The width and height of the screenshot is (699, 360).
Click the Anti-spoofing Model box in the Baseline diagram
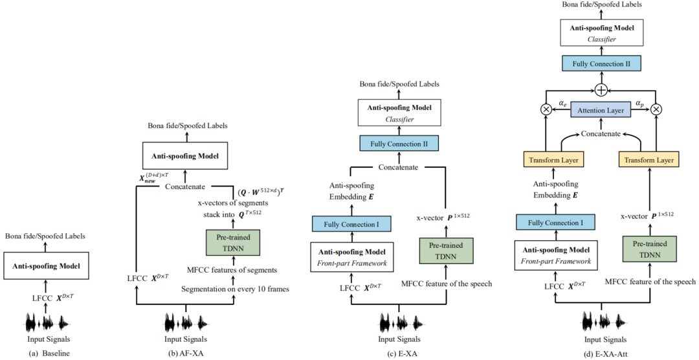(45, 267)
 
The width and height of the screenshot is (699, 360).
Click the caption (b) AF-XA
(186, 353)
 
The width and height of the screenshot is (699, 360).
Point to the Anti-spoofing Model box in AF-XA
(185, 155)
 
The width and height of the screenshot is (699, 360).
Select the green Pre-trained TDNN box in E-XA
(446, 251)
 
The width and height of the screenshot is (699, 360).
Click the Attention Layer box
(601, 110)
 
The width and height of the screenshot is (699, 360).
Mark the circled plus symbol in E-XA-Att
(601, 89)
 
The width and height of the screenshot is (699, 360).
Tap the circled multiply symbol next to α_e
(546, 110)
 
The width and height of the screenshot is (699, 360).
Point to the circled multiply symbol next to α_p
(658, 110)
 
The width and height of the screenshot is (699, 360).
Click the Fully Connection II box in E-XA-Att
(601, 63)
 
